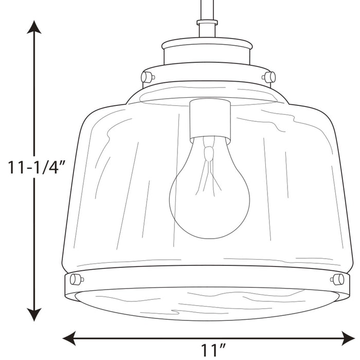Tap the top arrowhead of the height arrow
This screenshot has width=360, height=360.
click(34, 27)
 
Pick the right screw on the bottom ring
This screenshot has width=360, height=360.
click(338, 279)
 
